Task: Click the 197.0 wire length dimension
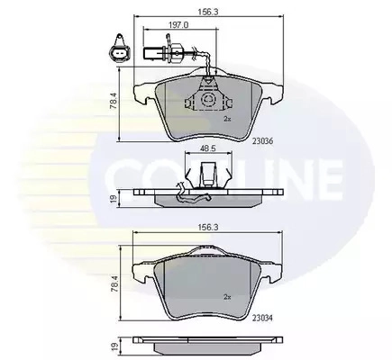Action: (178, 25)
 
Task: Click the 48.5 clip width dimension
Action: (208, 148)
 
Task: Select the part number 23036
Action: (262, 141)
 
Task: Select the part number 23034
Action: (262, 318)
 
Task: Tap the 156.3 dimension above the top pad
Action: (208, 12)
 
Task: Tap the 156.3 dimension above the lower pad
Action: (208, 228)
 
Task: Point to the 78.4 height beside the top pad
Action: (114, 101)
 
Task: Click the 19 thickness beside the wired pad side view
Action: (114, 199)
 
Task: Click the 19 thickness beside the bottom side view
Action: (114, 346)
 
